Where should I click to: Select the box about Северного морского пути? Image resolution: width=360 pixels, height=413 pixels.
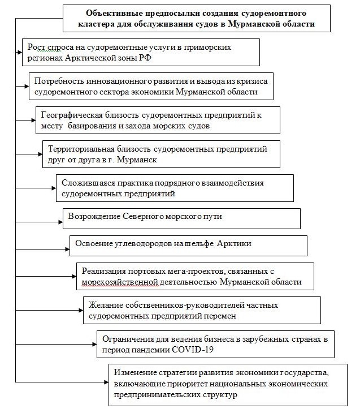tap(181, 218)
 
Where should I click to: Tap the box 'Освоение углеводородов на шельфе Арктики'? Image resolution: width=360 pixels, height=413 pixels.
tap(188, 245)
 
